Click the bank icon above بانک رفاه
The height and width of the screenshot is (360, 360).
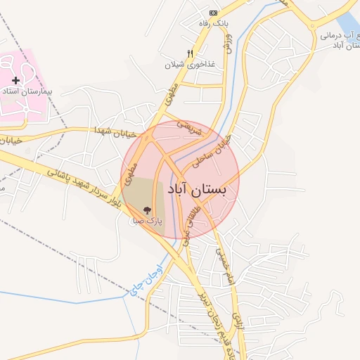point(214,13)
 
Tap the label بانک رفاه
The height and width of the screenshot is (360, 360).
point(214,25)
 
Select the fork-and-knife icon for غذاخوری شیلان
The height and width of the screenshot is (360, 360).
point(190,53)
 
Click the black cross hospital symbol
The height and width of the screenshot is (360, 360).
point(15,81)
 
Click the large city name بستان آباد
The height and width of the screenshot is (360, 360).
point(198,190)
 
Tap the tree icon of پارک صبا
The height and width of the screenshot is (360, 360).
point(147,210)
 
